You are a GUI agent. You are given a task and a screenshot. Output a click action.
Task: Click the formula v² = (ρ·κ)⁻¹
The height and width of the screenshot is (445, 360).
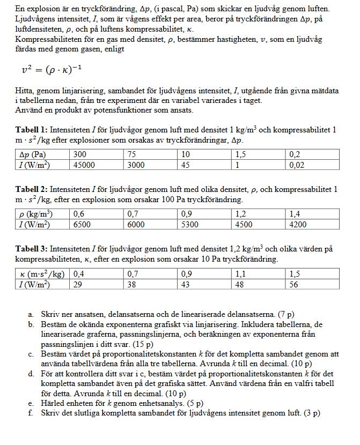click(x=52, y=70)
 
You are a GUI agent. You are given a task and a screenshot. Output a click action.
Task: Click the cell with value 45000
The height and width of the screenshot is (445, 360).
click(x=84, y=165)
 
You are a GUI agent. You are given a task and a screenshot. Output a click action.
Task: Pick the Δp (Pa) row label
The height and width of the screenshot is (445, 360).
click(x=33, y=154)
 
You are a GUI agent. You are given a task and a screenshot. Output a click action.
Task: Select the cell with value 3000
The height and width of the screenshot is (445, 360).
click(x=136, y=165)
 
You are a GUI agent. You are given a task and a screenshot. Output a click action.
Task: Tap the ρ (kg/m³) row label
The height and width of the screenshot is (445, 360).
click(x=34, y=214)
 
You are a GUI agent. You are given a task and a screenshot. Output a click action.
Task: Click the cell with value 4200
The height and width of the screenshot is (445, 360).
click(x=298, y=225)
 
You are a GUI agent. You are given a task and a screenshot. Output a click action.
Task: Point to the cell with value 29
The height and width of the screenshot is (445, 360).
click(x=78, y=284)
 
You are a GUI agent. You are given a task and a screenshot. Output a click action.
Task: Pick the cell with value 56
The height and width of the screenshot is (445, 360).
click(x=294, y=284)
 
